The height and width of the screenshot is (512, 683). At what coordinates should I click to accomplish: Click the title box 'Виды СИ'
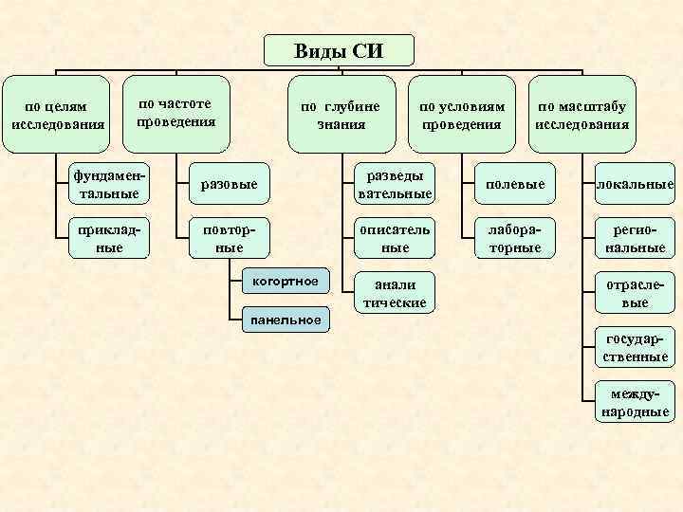pyautogui.click(x=339, y=51)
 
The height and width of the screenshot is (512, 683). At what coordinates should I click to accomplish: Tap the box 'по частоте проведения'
pyautogui.click(x=177, y=114)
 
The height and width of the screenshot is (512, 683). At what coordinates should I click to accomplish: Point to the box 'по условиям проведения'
pyautogui.click(x=462, y=115)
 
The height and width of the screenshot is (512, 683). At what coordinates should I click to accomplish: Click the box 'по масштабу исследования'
pyautogui.click(x=582, y=115)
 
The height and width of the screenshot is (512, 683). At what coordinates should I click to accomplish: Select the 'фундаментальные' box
pyautogui.click(x=110, y=183)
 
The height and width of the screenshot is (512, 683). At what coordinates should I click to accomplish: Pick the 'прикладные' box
pyautogui.click(x=110, y=238)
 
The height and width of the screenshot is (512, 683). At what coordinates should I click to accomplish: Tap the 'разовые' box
pyautogui.click(x=225, y=183)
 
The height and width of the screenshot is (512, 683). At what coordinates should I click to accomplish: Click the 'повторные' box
pyautogui.click(x=225, y=238)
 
